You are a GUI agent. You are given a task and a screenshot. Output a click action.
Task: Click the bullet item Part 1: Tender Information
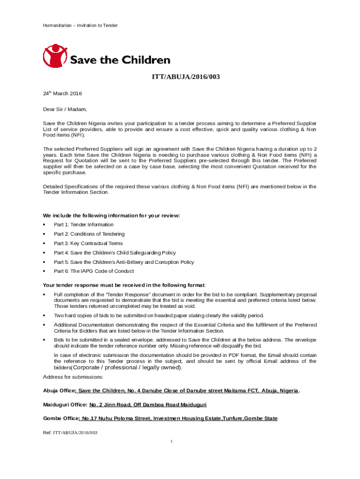point(84,225)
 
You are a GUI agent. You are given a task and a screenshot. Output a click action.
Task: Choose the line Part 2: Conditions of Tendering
point(89,234)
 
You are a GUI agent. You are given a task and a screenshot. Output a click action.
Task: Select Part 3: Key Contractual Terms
point(88,243)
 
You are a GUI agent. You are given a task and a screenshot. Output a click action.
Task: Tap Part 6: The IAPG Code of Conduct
point(94,271)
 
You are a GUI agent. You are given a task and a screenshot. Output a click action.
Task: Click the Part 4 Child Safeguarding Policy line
point(115,253)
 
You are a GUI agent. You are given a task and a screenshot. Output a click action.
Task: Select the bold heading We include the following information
point(111,216)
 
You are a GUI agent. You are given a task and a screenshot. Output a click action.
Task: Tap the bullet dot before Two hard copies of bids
point(44,315)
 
